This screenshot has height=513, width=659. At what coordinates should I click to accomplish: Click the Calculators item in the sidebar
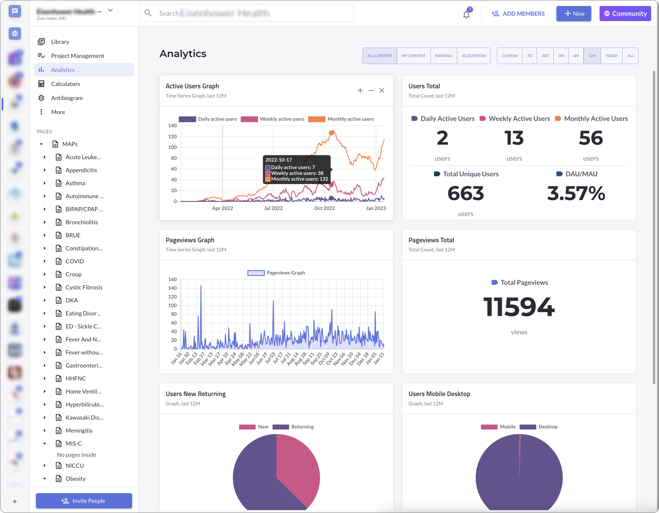click(65, 84)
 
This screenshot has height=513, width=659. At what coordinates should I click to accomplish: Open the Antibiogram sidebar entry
click(66, 98)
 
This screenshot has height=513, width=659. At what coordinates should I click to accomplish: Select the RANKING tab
click(443, 56)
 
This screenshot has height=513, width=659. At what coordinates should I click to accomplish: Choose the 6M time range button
click(576, 56)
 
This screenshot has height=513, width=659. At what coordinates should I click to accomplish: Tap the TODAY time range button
click(611, 56)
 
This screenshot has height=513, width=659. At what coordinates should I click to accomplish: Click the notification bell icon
click(466, 14)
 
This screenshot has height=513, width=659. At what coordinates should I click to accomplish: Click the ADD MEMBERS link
click(518, 14)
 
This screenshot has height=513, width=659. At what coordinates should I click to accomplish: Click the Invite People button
click(84, 501)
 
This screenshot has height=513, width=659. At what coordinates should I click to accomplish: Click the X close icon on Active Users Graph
click(382, 91)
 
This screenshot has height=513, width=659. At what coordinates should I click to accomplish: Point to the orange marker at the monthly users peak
click(331, 133)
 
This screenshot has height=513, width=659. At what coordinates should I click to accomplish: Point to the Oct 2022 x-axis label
click(324, 208)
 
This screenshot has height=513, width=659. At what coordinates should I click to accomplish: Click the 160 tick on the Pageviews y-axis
click(173, 279)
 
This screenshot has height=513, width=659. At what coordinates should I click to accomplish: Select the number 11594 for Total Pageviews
click(519, 307)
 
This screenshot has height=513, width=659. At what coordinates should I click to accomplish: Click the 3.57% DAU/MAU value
click(576, 193)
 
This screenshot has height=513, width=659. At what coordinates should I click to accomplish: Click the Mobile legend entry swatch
click(489, 427)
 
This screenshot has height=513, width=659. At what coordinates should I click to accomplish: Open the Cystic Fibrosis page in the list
click(84, 287)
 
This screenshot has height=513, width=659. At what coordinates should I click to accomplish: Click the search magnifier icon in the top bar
click(148, 13)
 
